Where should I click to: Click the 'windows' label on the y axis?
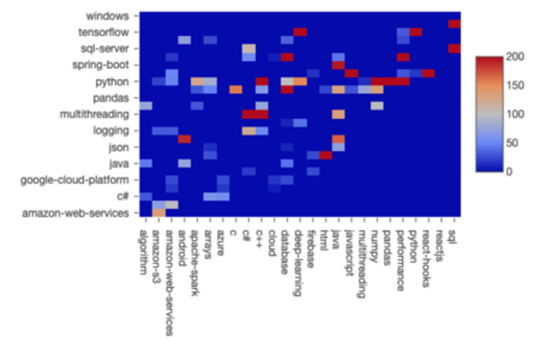(108, 15)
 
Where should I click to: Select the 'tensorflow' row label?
(103, 32)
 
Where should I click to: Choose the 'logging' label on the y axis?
(111, 130)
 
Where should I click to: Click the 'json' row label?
(117, 147)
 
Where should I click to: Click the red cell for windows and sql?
(454, 24)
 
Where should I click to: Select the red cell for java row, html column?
(326, 155)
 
